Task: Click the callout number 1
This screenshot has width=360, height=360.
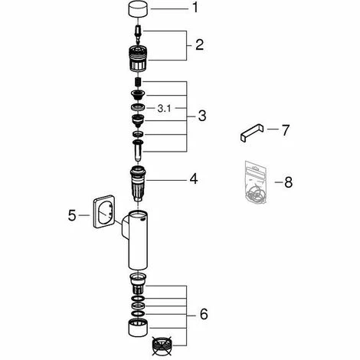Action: [x=195, y=8]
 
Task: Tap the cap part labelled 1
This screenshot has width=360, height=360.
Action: [x=139, y=9]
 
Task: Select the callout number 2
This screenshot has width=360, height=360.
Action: [x=199, y=45]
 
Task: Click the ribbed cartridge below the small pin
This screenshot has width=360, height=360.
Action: [x=138, y=58]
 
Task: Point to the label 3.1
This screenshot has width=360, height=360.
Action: [x=164, y=109]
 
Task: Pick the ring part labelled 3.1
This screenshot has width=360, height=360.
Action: [x=138, y=107]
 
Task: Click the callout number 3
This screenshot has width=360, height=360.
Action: [x=202, y=116]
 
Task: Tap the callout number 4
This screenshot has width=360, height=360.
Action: [x=194, y=178]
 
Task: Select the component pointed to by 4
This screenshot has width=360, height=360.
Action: [x=138, y=184]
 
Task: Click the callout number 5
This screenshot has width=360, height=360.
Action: [x=72, y=215]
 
